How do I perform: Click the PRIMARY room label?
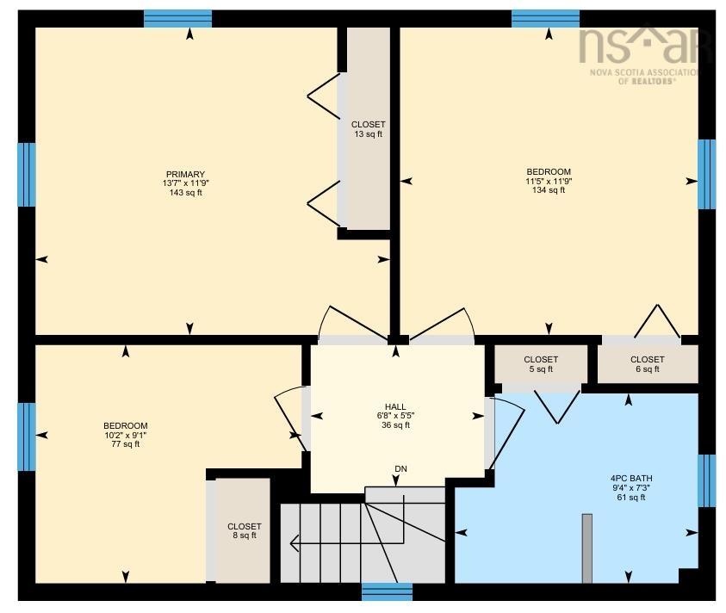click(185, 175)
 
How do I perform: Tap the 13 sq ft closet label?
click(368, 129)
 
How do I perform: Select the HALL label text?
click(395, 407)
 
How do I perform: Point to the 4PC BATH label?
click(630, 479)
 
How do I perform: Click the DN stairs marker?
click(401, 469)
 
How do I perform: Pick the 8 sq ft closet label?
click(245, 531)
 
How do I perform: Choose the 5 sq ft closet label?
click(541, 364)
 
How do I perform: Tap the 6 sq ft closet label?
click(648, 364)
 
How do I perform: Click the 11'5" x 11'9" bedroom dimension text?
click(549, 181)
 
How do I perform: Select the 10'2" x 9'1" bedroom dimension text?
click(126, 435)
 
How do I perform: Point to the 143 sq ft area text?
click(185, 193)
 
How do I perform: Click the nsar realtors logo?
click(641, 54)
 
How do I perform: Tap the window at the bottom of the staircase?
click(387, 591)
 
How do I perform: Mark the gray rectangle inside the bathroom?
click(587, 548)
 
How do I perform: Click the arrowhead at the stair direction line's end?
click(294, 542)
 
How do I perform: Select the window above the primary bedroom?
click(177, 19)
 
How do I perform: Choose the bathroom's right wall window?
click(706, 480)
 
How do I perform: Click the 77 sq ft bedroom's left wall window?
click(27, 437)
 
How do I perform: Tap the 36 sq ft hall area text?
click(395, 425)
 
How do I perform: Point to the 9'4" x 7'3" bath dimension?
click(630, 488)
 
